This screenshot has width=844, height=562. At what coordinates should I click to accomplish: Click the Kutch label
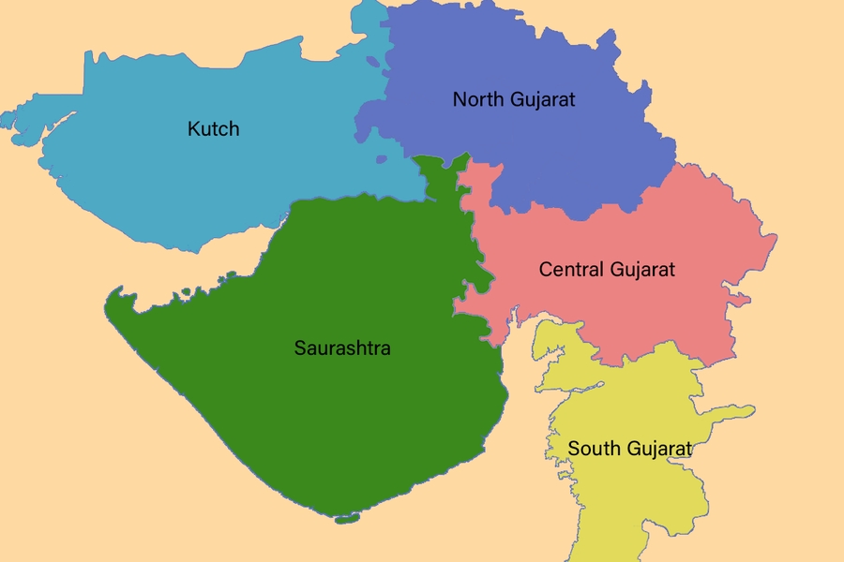point(213,128)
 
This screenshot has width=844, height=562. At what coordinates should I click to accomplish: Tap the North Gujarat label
point(513,98)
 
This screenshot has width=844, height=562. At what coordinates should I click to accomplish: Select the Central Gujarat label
point(607,270)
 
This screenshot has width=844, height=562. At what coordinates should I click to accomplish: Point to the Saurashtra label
point(342,348)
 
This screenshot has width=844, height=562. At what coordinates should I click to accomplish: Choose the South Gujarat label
point(629,449)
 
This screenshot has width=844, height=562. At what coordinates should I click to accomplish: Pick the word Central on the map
point(571,270)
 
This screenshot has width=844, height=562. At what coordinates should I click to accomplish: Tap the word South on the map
point(592,449)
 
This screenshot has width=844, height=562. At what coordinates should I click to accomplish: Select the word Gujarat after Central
point(642,270)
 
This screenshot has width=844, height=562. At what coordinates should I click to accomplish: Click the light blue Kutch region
point(141,178)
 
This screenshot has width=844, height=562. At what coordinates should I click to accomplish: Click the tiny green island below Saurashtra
point(346,518)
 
